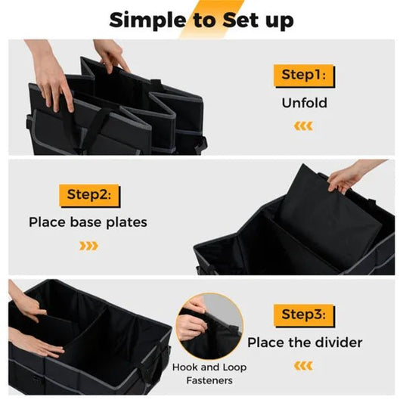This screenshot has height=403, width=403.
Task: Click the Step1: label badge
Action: (x=305, y=75)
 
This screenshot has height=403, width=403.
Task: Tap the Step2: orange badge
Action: (x=89, y=195)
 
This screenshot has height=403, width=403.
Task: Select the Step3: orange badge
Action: (x=304, y=315)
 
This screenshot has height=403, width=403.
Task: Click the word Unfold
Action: (x=304, y=102)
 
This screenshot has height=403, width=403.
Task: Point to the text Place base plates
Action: (x=88, y=222)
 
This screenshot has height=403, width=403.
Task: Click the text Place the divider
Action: (x=304, y=343)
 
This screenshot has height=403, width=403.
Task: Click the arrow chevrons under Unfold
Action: (x=303, y=126)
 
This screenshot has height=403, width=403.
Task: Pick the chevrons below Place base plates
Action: (x=88, y=246)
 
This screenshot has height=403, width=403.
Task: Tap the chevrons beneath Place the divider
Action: (x=303, y=366)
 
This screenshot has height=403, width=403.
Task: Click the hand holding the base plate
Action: (x=348, y=175)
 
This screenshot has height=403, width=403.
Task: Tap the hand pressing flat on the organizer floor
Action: (x=34, y=343)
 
